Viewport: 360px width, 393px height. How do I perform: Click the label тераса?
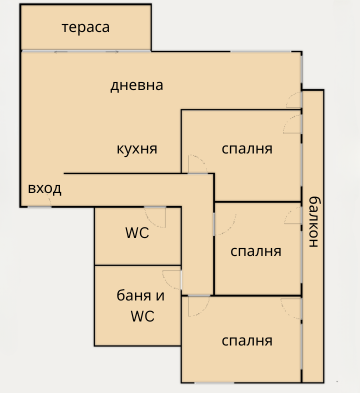pos(85,27)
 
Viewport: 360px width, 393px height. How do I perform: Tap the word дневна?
pos(137,85)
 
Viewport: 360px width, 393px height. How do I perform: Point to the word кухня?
pos(137,148)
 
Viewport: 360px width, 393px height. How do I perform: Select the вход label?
pos(44,188)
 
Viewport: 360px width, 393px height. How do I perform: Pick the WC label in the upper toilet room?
pos(137,232)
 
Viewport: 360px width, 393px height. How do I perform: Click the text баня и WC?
pos(140,305)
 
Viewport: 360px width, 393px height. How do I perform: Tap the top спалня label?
pos(247,148)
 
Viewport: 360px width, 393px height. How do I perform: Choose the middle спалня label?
pos(255,251)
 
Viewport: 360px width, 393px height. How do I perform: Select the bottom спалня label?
pos(247,341)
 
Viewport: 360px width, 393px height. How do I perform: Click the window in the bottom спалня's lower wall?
pos(214,382)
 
